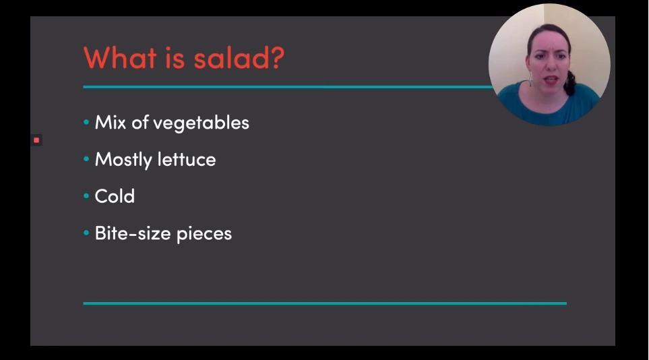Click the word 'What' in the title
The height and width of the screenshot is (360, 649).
(x=120, y=57)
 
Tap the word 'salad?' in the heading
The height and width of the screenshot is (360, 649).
(x=239, y=57)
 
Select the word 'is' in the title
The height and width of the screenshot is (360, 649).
(x=175, y=58)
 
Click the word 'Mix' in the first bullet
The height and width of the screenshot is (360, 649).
(x=111, y=122)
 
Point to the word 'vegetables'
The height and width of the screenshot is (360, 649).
(x=201, y=123)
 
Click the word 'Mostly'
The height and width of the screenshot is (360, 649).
(x=123, y=160)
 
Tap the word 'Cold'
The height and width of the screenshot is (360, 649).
(x=115, y=196)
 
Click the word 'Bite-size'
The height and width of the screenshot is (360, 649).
(x=133, y=233)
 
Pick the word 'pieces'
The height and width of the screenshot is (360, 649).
(x=204, y=234)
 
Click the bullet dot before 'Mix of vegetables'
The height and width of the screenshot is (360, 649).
(x=86, y=122)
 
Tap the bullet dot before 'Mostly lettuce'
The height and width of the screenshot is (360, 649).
(x=86, y=158)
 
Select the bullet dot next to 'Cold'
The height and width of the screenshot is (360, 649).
(x=86, y=196)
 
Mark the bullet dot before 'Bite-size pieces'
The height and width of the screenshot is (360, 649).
(x=86, y=233)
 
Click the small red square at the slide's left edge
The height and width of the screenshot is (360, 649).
(x=36, y=140)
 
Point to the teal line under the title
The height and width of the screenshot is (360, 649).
(x=288, y=86)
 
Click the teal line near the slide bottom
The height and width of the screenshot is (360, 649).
(x=325, y=303)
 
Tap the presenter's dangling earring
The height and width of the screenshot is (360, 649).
(x=530, y=78)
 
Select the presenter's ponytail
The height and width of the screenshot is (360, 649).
(x=571, y=82)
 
